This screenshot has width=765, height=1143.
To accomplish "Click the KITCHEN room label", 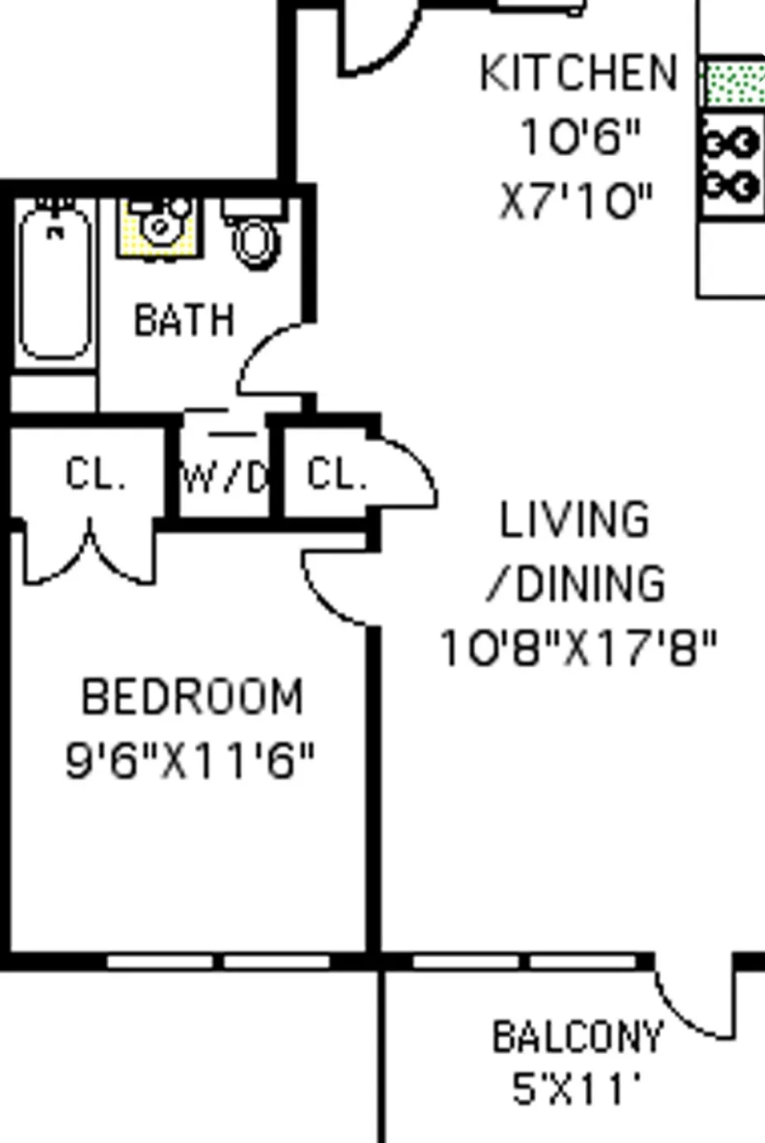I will point(578,74).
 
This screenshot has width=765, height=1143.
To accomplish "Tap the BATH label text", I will point(184,320).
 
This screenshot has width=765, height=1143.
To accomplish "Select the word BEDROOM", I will point(192,697).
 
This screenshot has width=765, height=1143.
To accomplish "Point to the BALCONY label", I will point(577,1037).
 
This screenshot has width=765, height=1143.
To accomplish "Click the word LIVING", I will point(575,520).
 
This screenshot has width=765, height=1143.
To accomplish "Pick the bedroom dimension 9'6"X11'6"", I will point(190,761).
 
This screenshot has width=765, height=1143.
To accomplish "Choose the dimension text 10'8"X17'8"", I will point(578,648).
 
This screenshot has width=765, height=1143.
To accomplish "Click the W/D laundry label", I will point(224,477).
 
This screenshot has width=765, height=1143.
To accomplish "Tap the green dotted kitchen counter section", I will point(733,83).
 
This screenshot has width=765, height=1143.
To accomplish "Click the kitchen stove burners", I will point(733,166).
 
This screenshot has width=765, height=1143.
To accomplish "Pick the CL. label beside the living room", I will point(335,475).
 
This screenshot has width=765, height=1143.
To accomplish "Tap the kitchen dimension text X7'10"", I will point(577,201).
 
